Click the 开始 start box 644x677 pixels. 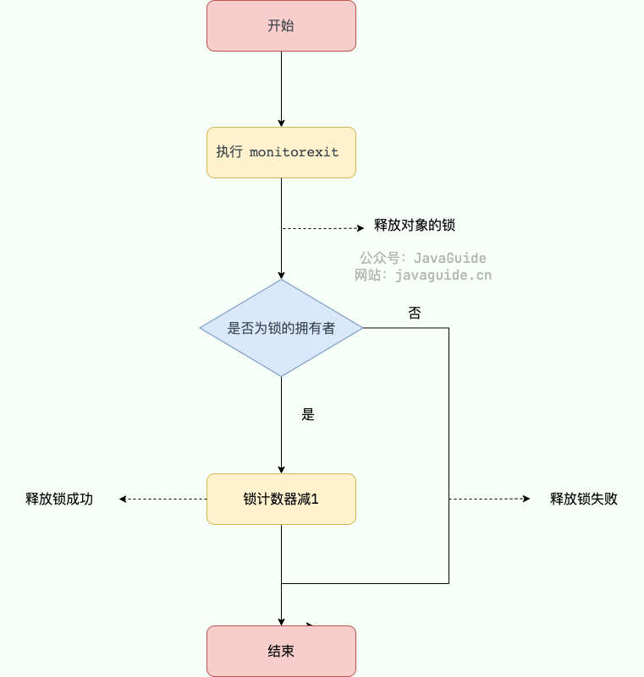pos(281,25)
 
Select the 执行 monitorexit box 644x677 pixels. pos(281,152)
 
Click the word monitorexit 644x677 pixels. pos(294,153)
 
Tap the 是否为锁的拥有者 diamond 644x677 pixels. pos(281,328)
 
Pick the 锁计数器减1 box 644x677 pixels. pos(281,499)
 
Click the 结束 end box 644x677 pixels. pos(281,651)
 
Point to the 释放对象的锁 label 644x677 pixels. pos(415,226)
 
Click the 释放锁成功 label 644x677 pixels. pos(59,499)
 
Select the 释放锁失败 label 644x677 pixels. pos(584,499)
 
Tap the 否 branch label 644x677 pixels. pos(415,313)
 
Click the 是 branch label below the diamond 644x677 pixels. pos(308,414)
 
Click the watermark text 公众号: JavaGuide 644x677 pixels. pos(423,258)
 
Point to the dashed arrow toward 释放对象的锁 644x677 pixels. pos(322,228)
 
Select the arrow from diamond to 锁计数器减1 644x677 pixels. pos(281,423)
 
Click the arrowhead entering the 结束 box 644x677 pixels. pos(281,621)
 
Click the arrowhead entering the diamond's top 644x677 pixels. pos(281,275)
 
